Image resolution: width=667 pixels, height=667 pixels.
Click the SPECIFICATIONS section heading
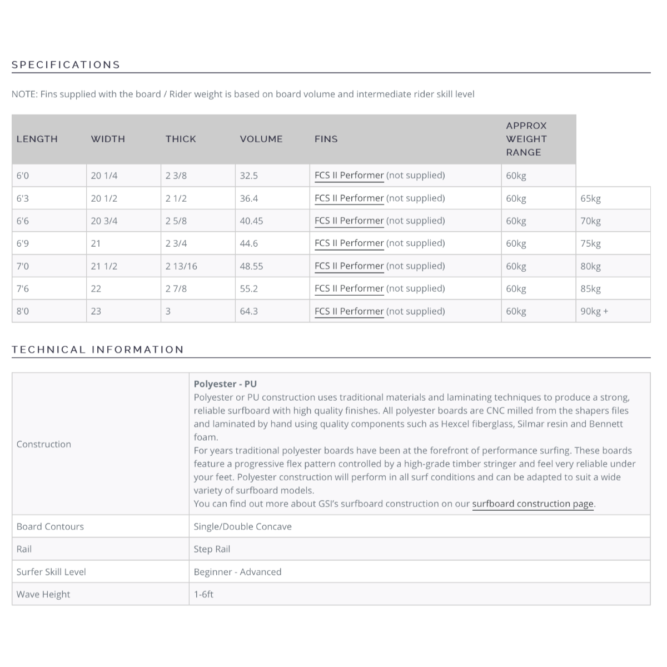(x=66, y=64)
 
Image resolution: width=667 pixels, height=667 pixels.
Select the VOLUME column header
(x=261, y=139)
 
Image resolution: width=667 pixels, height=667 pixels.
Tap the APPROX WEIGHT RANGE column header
(x=526, y=139)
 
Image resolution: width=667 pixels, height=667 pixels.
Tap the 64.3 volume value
(x=248, y=311)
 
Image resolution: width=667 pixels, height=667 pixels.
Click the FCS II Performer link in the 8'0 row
(x=349, y=311)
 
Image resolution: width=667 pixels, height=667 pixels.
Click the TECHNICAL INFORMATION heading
(x=98, y=350)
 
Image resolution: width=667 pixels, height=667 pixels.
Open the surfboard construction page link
(x=532, y=504)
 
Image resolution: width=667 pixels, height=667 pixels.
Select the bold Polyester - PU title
(x=225, y=384)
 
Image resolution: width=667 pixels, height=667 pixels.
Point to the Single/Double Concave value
(x=242, y=526)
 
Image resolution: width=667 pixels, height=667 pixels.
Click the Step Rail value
(x=212, y=549)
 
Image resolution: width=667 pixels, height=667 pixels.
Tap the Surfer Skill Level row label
(x=51, y=572)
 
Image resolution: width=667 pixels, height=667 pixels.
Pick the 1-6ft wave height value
(x=203, y=594)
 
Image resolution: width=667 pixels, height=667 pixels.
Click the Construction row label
(x=44, y=444)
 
